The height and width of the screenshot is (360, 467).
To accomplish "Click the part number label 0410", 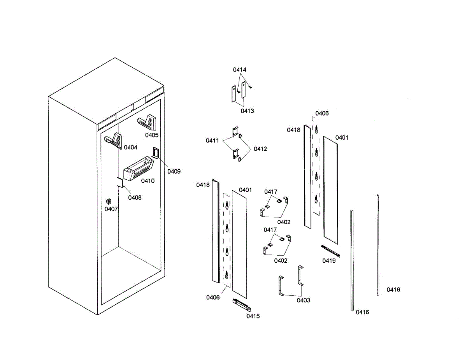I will [x=147, y=181].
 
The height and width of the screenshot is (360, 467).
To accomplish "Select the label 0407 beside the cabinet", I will [x=111, y=209].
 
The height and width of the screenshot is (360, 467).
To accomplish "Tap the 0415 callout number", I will [x=253, y=316].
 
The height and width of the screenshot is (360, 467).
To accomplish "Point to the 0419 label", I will [x=329, y=261].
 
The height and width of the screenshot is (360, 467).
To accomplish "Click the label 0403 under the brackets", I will [x=304, y=300].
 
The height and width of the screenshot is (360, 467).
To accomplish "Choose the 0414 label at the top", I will [x=240, y=70].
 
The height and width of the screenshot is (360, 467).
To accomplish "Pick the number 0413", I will [x=247, y=111].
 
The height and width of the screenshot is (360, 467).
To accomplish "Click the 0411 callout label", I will [x=212, y=140].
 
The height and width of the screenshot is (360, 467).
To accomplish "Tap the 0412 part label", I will [x=260, y=149].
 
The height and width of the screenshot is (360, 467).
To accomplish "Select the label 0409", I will [x=174, y=171].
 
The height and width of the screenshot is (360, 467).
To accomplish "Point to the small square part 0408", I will [x=120, y=183].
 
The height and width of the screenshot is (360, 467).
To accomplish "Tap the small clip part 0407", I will [x=109, y=201].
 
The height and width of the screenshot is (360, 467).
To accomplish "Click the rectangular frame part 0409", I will [x=156, y=153].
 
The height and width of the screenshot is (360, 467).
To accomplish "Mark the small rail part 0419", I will [x=330, y=251].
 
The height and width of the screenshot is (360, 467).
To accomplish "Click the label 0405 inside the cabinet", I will [x=152, y=135].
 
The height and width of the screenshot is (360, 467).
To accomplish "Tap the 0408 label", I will [x=135, y=197].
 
